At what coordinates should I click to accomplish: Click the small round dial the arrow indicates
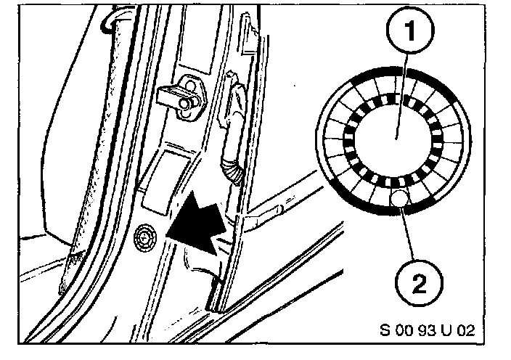[x=146, y=235]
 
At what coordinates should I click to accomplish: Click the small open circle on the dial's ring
[x=398, y=197]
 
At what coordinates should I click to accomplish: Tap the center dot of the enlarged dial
[x=397, y=136]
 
